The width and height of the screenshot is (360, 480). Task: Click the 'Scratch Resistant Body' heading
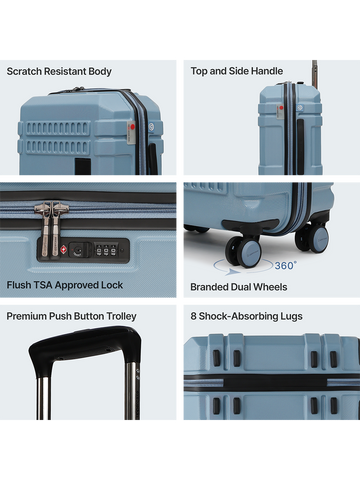(59, 72)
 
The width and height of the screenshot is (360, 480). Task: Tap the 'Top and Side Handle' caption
(237, 71)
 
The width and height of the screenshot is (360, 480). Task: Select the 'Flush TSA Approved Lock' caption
(65, 285)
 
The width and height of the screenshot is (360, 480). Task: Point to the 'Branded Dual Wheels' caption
(239, 287)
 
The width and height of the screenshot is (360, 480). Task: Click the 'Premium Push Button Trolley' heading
(71, 316)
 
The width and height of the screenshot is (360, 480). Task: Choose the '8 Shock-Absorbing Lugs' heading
(246, 316)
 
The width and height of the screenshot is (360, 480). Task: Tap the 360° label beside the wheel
(286, 265)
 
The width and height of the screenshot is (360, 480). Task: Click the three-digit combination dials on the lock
(106, 250)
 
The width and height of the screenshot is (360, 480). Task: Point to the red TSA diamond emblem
(63, 249)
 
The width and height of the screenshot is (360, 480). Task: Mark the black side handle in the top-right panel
(300, 147)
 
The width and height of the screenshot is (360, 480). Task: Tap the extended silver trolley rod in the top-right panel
(314, 74)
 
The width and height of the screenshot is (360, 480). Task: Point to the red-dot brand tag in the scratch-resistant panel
(131, 133)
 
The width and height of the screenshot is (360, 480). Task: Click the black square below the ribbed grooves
(83, 166)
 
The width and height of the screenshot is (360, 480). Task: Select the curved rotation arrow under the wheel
(233, 268)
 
